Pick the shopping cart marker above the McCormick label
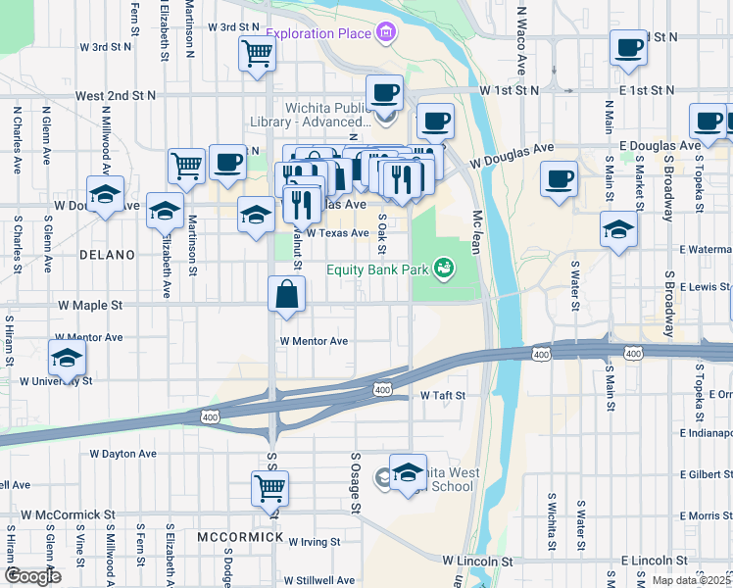coord(269,486)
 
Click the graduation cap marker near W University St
coord(68,358)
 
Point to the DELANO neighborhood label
coord(108,255)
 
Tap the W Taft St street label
coord(441,395)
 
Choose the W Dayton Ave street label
coord(122,454)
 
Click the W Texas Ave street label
coord(337,233)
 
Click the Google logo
coord(32,576)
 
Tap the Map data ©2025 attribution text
coord(689,581)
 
